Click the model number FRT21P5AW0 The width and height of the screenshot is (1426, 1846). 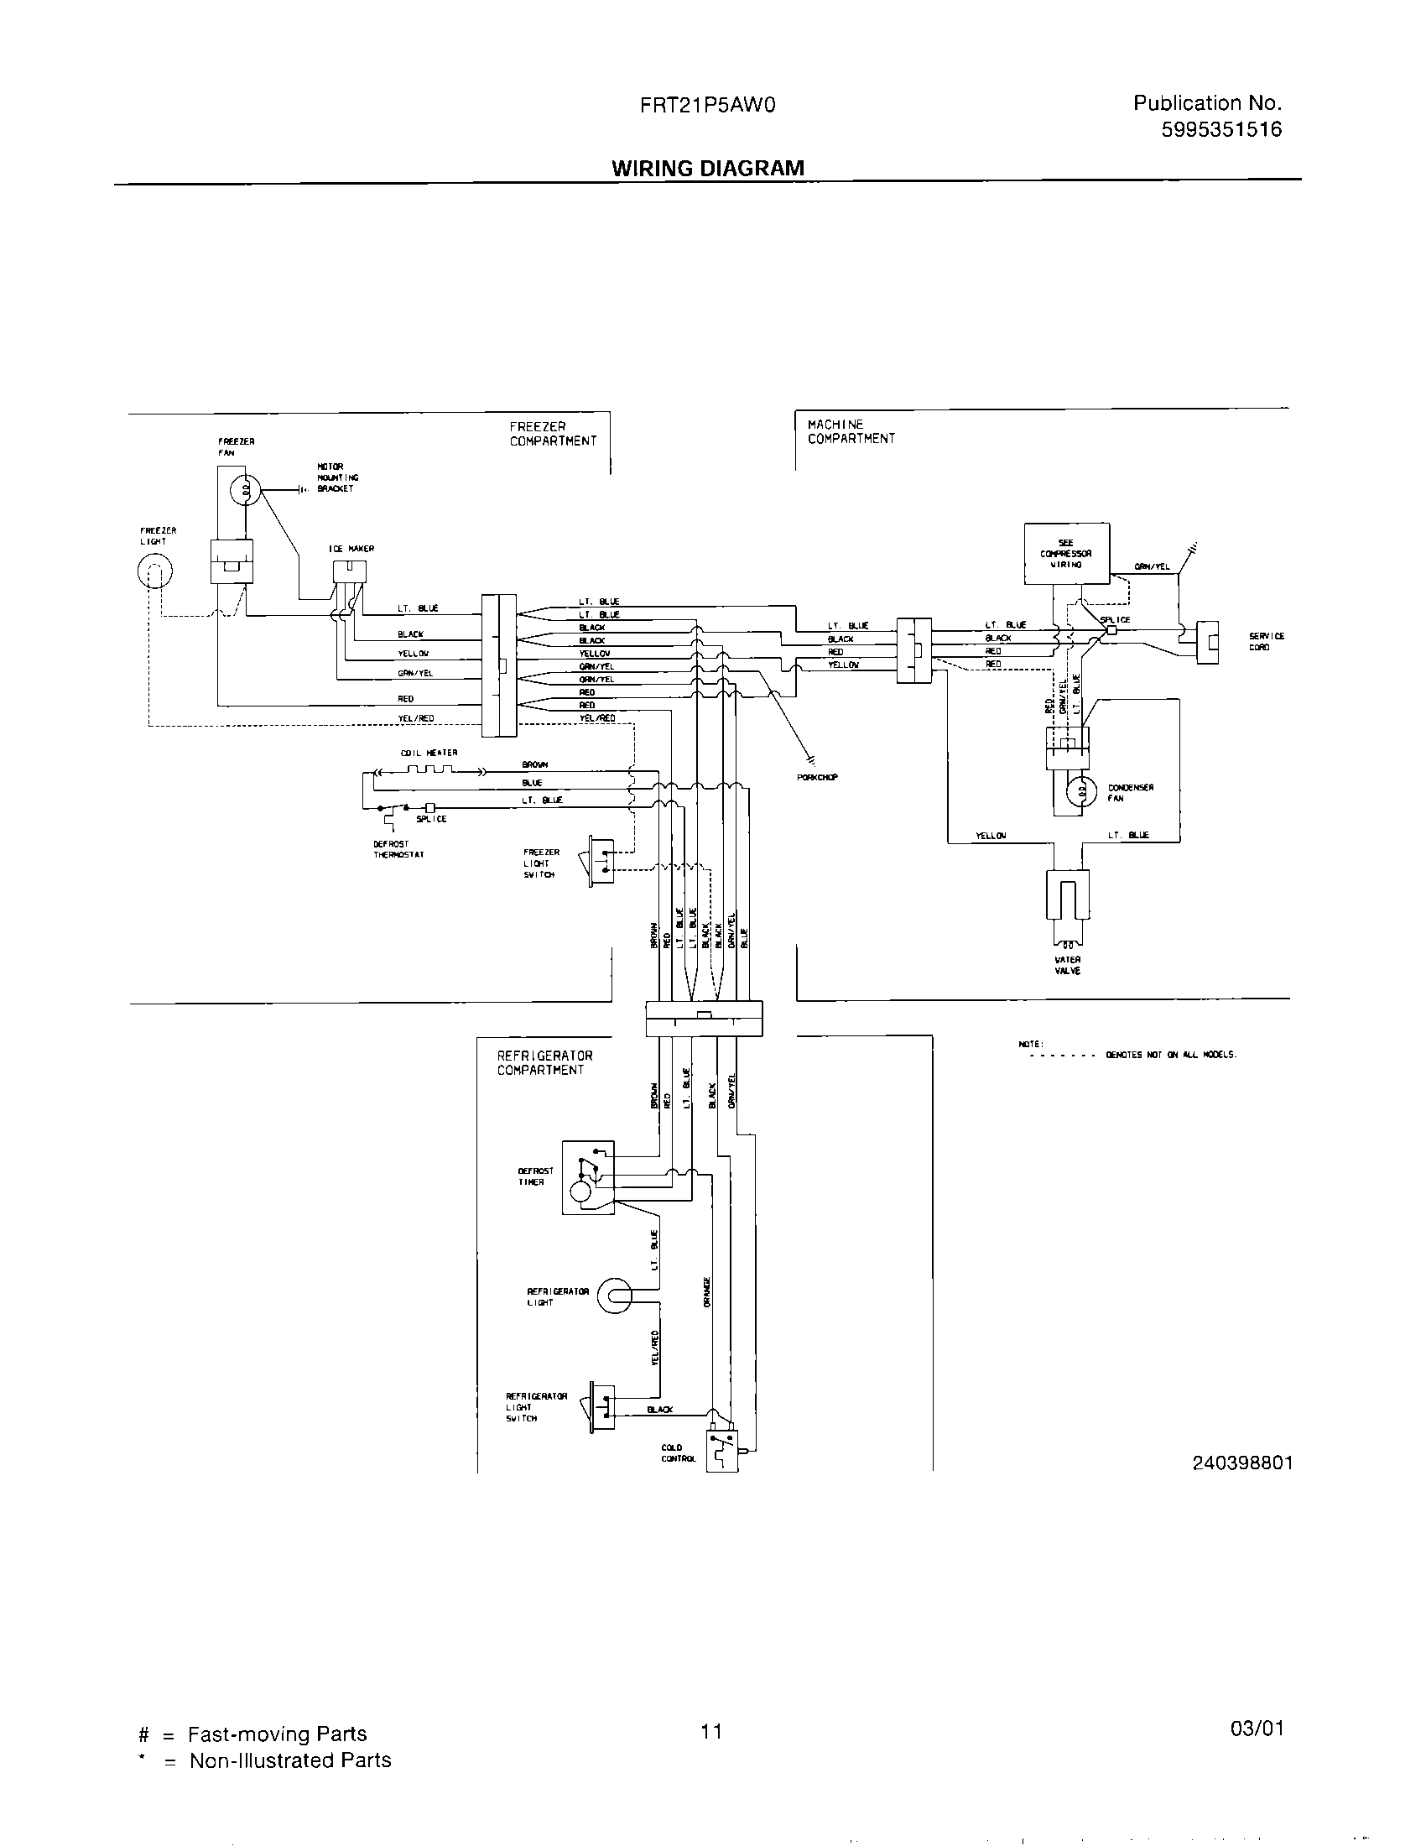pyautogui.click(x=707, y=106)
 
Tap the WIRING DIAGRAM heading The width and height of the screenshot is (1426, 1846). pyautogui.click(x=707, y=168)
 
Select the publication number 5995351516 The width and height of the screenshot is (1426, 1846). pyautogui.click(x=1221, y=129)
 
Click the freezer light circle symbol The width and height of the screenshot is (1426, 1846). pyautogui.click(x=154, y=573)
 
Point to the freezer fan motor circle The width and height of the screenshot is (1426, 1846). pyautogui.click(x=246, y=489)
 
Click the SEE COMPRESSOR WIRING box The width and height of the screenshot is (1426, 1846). pyautogui.click(x=1066, y=554)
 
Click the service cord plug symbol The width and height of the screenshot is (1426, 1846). pyautogui.click(x=1209, y=642)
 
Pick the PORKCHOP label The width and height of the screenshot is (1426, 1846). pyautogui.click(x=817, y=777)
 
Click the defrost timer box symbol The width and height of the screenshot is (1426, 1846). pyautogui.click(x=588, y=1177)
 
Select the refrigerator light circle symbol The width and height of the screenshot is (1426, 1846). pyautogui.click(x=614, y=1296)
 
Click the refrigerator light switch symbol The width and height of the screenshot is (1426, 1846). pyautogui.click(x=602, y=1406)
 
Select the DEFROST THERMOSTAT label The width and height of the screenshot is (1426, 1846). pyautogui.click(x=398, y=849)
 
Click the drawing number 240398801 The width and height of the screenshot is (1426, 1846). pyautogui.click(x=1241, y=1463)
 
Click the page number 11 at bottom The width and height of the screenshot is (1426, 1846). pyautogui.click(x=711, y=1731)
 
